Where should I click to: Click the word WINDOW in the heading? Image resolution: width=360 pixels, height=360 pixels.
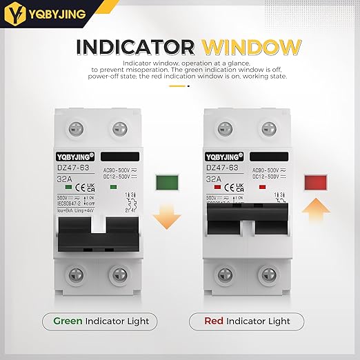point(252,48)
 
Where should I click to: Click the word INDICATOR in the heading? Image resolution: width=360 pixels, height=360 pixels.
point(136,48)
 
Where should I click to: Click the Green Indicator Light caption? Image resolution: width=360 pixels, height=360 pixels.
point(100,321)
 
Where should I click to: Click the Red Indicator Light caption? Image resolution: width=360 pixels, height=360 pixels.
point(249,321)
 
